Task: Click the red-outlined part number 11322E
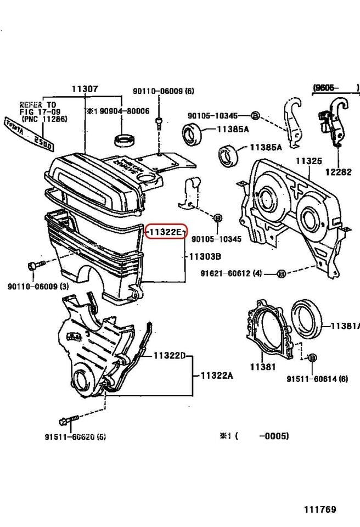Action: [x=165, y=232]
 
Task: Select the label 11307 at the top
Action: [x=85, y=88]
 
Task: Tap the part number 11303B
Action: [x=205, y=256]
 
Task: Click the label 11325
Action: [x=308, y=161]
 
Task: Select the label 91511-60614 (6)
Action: [x=317, y=379]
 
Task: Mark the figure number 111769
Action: [x=320, y=509]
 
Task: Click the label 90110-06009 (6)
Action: [x=163, y=91]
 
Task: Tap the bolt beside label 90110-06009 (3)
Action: [x=31, y=267]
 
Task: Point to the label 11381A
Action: [x=344, y=326]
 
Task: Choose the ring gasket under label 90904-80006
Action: [x=125, y=139]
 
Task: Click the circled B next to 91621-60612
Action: [x=281, y=273]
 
